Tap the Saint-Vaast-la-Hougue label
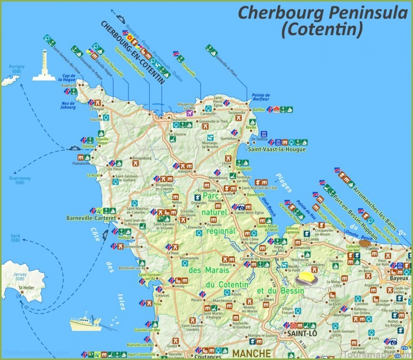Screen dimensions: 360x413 click(x=277, y=150)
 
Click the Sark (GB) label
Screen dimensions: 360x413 click(x=15, y=238)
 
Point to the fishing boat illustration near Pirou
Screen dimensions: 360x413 click(x=84, y=323)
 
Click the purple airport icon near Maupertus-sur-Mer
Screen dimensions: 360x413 click(x=190, y=113)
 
